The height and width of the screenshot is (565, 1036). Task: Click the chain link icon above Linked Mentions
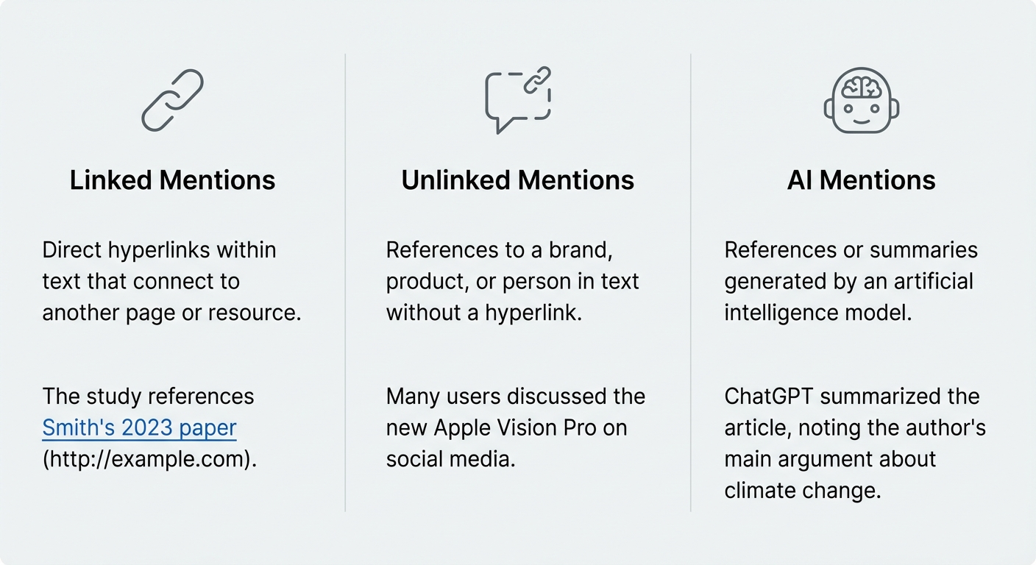(172, 100)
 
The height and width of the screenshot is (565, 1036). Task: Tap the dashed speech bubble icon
(517, 102)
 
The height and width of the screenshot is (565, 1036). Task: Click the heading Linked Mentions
(172, 180)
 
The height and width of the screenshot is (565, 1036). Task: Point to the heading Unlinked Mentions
(517, 180)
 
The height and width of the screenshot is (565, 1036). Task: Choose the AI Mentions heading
(861, 180)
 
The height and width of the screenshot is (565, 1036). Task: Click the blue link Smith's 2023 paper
(139, 427)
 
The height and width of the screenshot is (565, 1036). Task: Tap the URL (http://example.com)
(149, 459)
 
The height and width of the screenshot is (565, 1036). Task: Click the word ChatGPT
(769, 397)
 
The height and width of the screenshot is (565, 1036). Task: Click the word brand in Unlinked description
(580, 250)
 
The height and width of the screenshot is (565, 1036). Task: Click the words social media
(450, 459)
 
